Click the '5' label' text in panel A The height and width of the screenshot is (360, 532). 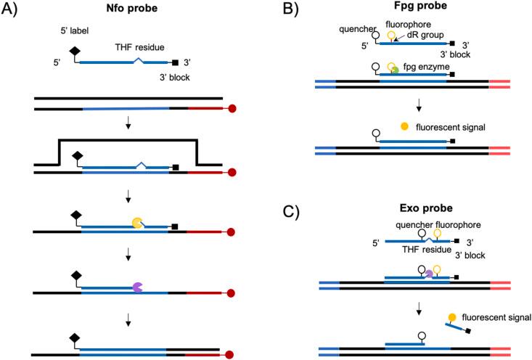(74, 33)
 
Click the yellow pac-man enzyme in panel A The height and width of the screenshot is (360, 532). (137, 225)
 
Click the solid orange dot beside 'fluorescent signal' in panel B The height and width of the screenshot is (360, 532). (405, 128)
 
